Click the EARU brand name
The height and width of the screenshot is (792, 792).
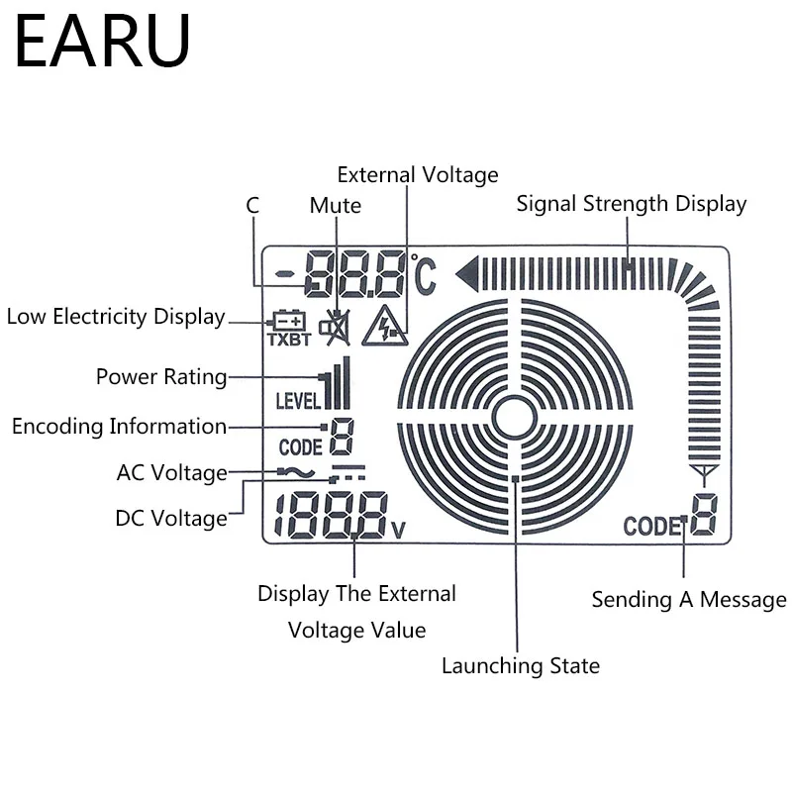[103, 41]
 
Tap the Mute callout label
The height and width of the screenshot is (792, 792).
[336, 206]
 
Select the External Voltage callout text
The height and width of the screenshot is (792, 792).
[418, 175]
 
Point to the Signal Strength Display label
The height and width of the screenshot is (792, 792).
[632, 204]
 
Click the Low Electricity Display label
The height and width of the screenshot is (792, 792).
[116, 317]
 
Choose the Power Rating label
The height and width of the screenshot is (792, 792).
[161, 377]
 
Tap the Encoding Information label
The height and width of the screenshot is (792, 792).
[119, 427]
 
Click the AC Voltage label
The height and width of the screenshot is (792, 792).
[172, 473]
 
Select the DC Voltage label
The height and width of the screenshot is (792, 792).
[171, 518]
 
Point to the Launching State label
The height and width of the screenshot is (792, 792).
[521, 665]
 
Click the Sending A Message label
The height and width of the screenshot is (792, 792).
[689, 600]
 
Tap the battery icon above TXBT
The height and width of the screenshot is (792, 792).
[289, 320]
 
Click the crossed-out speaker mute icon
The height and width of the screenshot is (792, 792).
[335, 328]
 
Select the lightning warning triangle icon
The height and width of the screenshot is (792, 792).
[385, 327]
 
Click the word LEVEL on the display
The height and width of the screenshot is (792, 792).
[298, 401]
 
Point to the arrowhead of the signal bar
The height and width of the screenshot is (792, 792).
[466, 274]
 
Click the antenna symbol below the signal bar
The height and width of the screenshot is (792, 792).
[704, 475]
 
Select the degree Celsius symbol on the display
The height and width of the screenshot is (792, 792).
[424, 274]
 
